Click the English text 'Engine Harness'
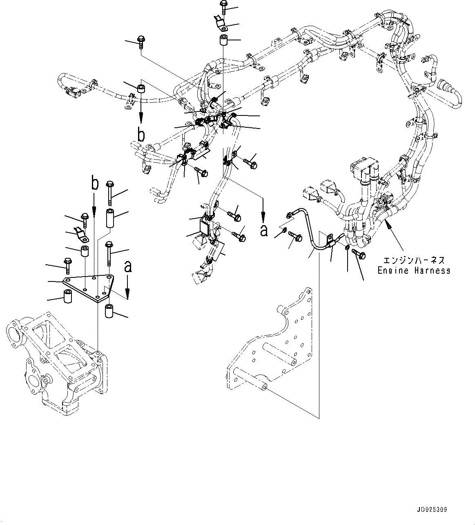tap(413, 270)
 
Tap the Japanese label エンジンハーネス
tap(413, 260)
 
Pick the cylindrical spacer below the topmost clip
tap(224, 41)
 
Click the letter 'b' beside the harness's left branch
tap(141, 135)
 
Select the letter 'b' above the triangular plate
tap(95, 184)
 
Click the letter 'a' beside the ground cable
tap(264, 230)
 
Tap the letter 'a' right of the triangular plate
tap(128, 267)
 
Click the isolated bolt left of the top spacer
tap(140, 42)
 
